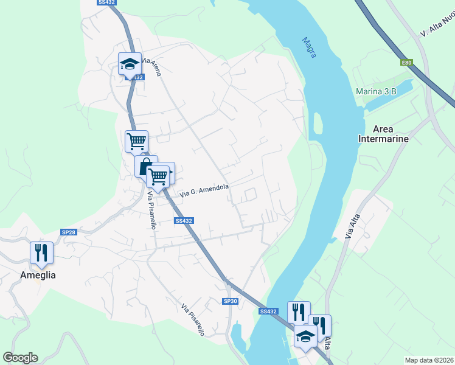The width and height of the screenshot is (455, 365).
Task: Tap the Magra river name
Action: tap(309, 47)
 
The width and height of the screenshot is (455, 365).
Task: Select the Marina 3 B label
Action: tap(376, 91)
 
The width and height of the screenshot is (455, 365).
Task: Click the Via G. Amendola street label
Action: tap(204, 190)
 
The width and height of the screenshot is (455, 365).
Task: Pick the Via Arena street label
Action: tap(152, 66)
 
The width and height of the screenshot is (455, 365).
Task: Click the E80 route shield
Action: tap(406, 62)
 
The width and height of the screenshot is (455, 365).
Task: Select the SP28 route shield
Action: tap(69, 232)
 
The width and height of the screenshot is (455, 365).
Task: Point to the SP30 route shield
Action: tap(229, 301)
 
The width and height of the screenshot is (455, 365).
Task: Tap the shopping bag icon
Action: tap(146, 166)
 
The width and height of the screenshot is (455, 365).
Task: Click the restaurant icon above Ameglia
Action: tap(41, 252)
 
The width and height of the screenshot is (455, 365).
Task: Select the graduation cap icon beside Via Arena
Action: tap(129, 63)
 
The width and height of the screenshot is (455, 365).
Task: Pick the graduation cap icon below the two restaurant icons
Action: tap(305, 335)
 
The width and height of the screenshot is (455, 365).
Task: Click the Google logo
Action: tap(20, 358)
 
